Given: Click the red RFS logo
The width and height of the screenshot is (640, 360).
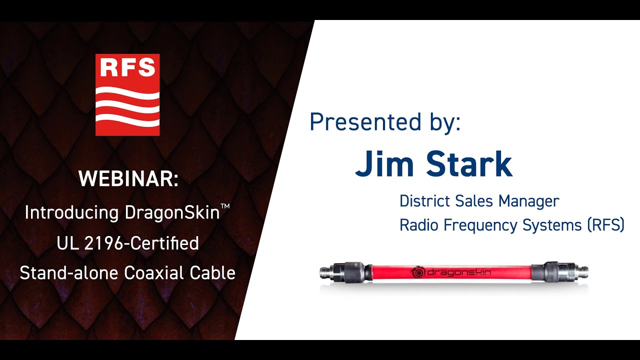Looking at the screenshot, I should (127, 94).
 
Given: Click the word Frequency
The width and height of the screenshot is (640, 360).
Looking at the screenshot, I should (480, 225).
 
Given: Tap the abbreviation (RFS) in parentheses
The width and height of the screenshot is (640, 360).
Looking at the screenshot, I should (606, 225).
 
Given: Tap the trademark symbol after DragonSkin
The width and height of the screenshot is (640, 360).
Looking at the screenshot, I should (225, 207).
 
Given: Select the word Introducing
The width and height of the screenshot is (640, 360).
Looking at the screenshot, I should (71, 213).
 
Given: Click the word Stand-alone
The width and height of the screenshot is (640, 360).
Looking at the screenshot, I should (68, 273).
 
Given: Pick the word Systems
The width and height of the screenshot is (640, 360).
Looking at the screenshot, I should (552, 225).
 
